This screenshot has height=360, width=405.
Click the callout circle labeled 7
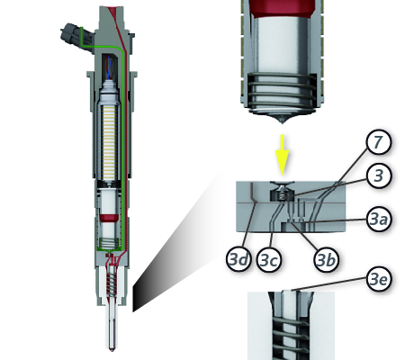[x=379, y=142]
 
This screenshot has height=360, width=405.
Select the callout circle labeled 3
[x=379, y=175]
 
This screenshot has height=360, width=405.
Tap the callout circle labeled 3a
[x=379, y=220]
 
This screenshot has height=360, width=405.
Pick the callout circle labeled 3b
[x=326, y=260]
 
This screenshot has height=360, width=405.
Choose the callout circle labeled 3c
[x=269, y=260]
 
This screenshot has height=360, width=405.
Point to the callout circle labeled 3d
[x=238, y=259]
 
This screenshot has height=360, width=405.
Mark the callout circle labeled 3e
[x=379, y=279]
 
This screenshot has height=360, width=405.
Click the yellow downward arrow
[x=282, y=155]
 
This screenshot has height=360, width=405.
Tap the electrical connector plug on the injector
[x=76, y=37]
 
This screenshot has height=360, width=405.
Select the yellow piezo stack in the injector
[x=109, y=141]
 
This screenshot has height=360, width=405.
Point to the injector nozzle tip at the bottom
[x=112, y=349]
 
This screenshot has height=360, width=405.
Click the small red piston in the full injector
[x=108, y=218]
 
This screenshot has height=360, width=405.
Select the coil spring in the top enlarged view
[x=282, y=94]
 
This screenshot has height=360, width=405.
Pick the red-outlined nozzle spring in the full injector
[x=112, y=283]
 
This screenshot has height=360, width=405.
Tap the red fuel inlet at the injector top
[x=115, y=12]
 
